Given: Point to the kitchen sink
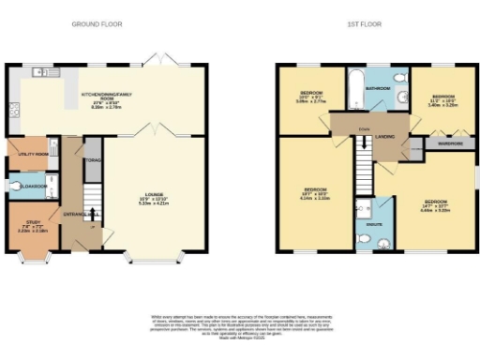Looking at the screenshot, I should (41, 72).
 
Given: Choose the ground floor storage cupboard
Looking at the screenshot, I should (93, 160).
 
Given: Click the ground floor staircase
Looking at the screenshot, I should (91, 201).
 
